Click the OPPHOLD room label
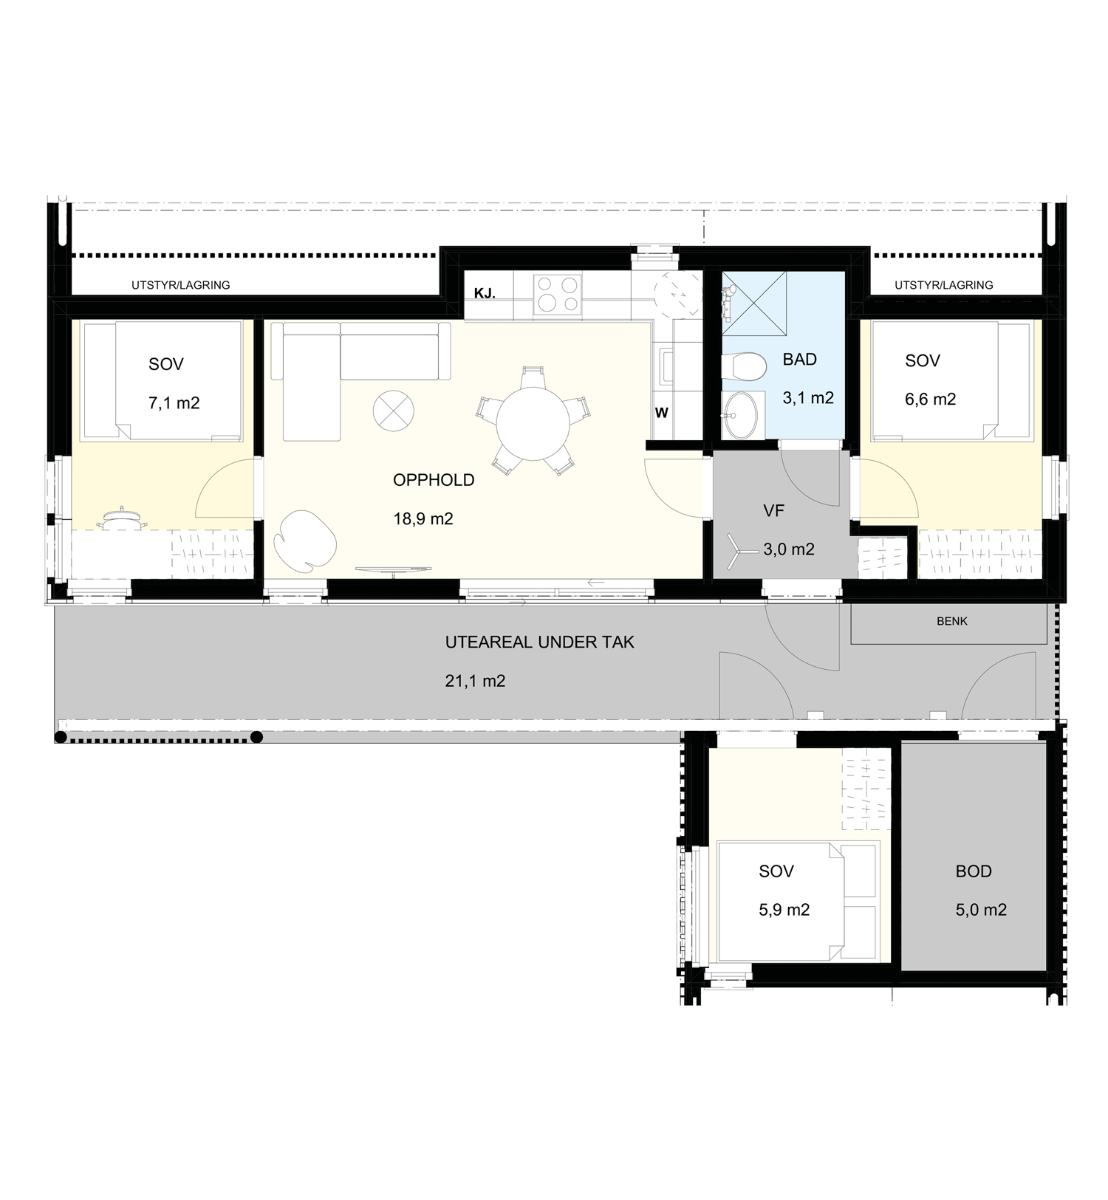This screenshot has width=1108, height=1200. point(434,480)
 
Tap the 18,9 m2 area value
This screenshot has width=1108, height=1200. point(423,519)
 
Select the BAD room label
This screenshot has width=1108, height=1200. point(800,360)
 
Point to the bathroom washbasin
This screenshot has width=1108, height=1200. point(741,415)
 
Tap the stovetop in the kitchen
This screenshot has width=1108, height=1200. point(557,293)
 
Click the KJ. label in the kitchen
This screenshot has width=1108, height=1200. point(485,294)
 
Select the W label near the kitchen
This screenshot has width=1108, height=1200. point(662,414)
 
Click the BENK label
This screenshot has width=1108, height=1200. point(952,622)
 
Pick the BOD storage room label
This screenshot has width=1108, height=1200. point(974,871)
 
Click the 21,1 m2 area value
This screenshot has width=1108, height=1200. point(475,681)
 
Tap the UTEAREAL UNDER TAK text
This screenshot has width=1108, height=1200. point(540,642)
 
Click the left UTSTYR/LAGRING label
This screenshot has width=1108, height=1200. point(181,285)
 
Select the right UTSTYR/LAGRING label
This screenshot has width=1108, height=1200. point(944,285)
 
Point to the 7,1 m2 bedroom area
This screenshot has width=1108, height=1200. point(174,403)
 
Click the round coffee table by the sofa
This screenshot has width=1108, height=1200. point(393,411)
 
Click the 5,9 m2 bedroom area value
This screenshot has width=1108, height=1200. point(784,910)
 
